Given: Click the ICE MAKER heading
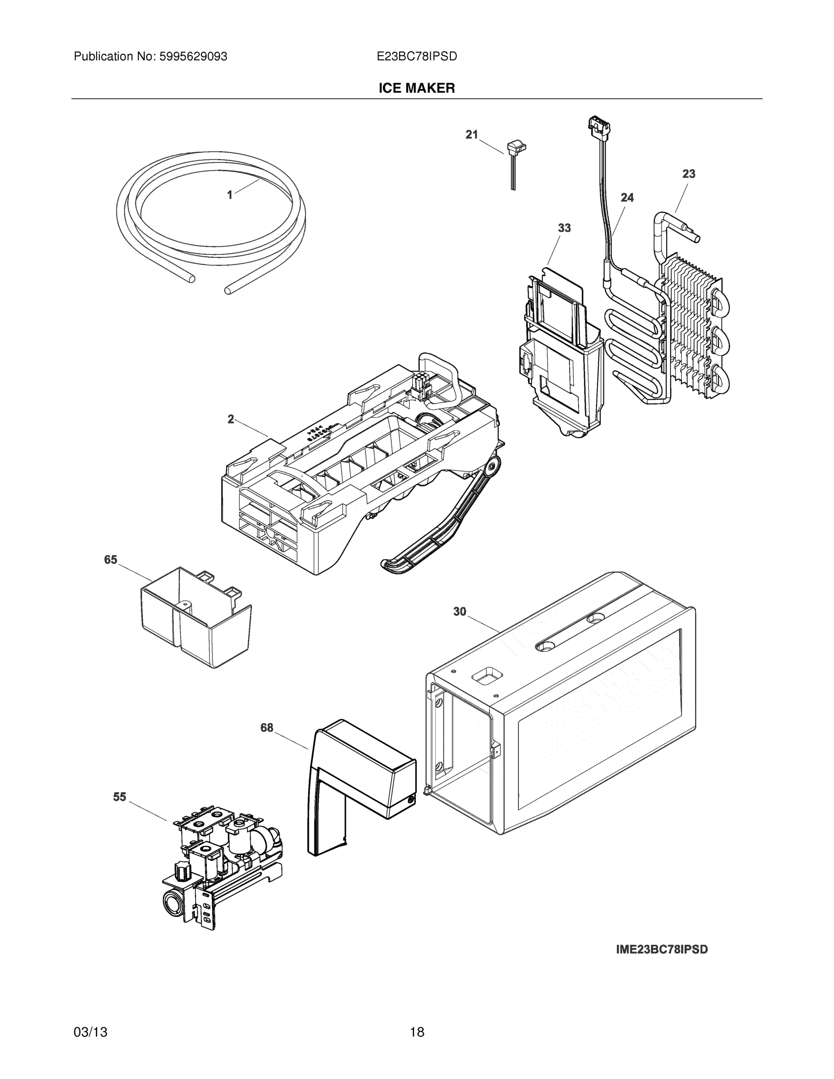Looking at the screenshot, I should (x=416, y=89).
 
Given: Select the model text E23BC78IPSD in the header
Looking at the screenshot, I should (x=416, y=57).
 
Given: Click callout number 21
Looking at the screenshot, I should (x=472, y=134).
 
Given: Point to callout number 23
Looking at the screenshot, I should (x=689, y=174).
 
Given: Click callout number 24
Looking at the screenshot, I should (x=627, y=198).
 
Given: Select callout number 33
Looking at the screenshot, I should (x=564, y=228).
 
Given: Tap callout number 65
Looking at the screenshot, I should (x=111, y=560).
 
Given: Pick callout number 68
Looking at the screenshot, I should (x=267, y=728).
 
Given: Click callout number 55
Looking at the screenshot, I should (x=120, y=797).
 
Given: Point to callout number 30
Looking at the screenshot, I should (x=459, y=611).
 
